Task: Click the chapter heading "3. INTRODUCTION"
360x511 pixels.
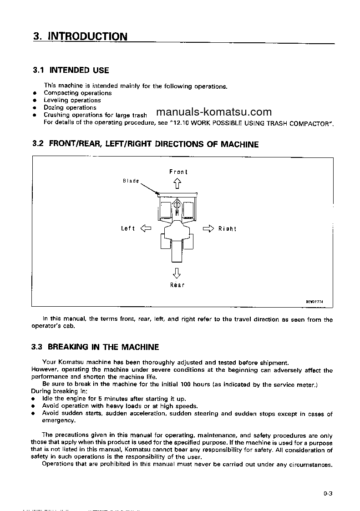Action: click(x=80, y=36)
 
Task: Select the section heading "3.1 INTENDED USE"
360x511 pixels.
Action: click(x=71, y=70)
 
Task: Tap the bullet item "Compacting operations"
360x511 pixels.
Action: click(x=77, y=93)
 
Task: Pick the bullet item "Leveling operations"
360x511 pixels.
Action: click(x=72, y=100)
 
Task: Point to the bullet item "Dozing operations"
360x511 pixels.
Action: click(x=70, y=108)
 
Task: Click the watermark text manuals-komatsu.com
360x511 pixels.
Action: click(x=213, y=112)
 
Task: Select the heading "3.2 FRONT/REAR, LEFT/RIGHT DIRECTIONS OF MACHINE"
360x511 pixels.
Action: click(x=146, y=144)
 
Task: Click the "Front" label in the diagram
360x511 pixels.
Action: click(x=178, y=172)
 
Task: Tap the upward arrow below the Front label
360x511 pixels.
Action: click(x=177, y=183)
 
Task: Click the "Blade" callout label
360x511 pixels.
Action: click(x=131, y=181)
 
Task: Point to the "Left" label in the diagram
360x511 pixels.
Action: click(x=127, y=228)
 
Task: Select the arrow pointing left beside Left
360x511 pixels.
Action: click(x=146, y=228)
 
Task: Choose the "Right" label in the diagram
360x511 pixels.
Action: click(x=227, y=228)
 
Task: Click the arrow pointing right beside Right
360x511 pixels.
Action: click(x=208, y=228)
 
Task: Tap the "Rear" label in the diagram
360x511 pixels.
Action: click(x=177, y=285)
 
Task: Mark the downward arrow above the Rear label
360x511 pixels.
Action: click(x=177, y=273)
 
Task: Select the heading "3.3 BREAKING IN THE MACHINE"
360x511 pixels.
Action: click(x=96, y=347)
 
